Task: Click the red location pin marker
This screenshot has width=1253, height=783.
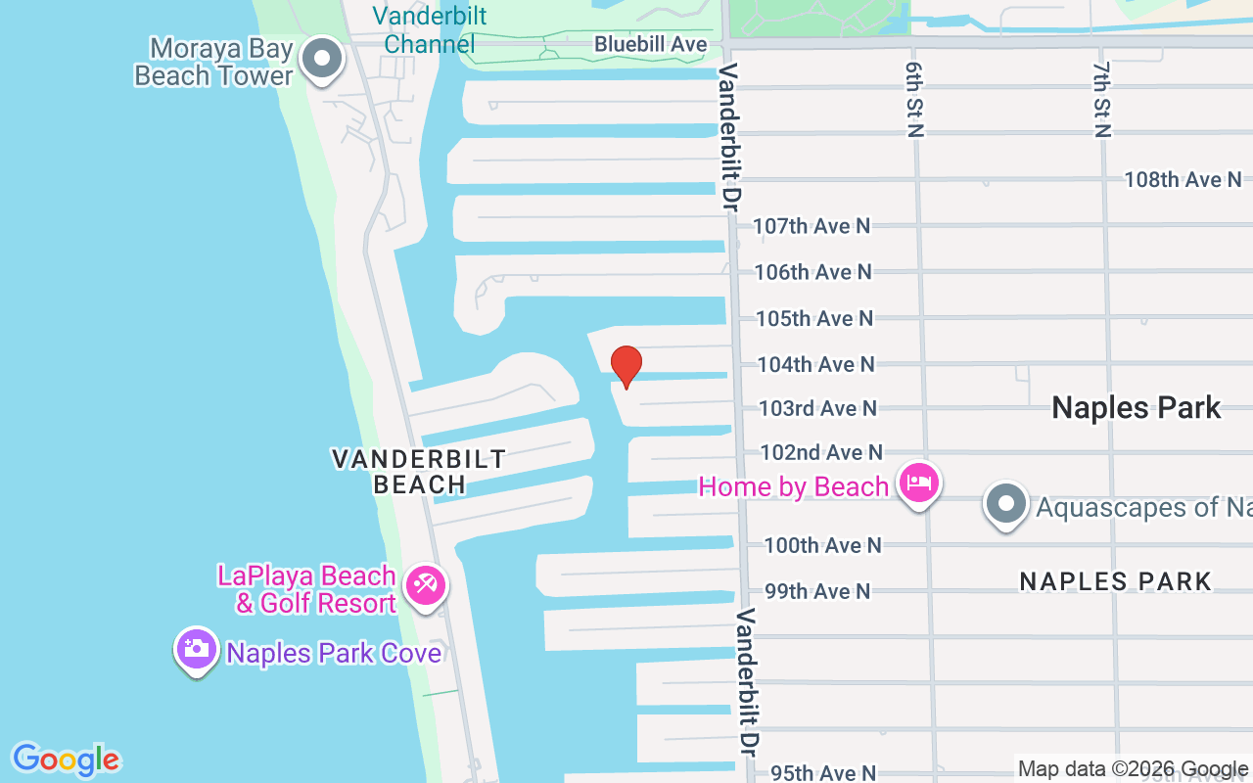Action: [626, 366]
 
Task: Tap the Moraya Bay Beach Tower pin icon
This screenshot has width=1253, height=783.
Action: [322, 60]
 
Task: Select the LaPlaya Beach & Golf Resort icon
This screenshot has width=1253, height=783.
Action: [426, 586]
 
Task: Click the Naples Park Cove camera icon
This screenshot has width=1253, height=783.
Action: [197, 649]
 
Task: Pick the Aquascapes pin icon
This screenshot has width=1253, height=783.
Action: [1005, 505]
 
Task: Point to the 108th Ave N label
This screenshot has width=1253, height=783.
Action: [1182, 180]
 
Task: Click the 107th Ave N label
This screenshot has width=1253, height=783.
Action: [811, 226]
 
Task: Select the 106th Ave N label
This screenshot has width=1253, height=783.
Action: [812, 272]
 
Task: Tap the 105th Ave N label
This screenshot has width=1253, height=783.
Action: [814, 318]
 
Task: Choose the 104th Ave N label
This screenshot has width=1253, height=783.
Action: [815, 364]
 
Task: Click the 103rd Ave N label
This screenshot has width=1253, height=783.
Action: [817, 408]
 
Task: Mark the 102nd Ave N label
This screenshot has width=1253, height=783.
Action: [821, 452]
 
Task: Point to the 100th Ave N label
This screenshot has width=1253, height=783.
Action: [822, 545]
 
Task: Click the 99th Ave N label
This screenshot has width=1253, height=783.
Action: [816, 591]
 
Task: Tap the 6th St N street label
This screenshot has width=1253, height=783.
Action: [914, 98]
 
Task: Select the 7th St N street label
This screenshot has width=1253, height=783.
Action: [1101, 98]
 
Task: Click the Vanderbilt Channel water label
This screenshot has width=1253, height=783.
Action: [430, 30]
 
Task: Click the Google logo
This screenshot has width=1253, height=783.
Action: [66, 760]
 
